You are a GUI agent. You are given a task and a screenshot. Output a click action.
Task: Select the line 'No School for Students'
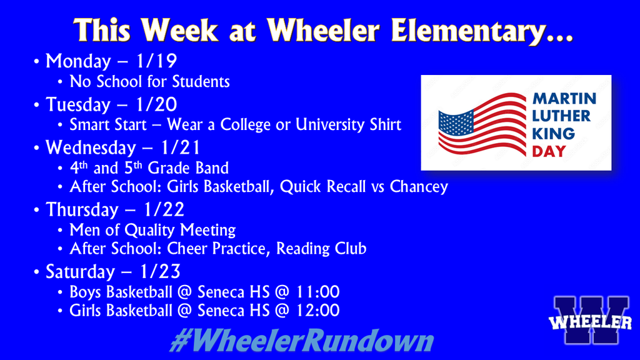[149, 81]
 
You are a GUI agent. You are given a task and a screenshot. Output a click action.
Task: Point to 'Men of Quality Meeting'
[152, 229]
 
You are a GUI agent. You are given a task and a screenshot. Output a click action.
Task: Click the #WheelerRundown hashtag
[301, 341]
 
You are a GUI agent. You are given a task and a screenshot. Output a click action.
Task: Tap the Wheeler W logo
[591, 321]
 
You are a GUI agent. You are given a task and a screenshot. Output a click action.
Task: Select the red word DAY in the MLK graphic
[549, 151]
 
